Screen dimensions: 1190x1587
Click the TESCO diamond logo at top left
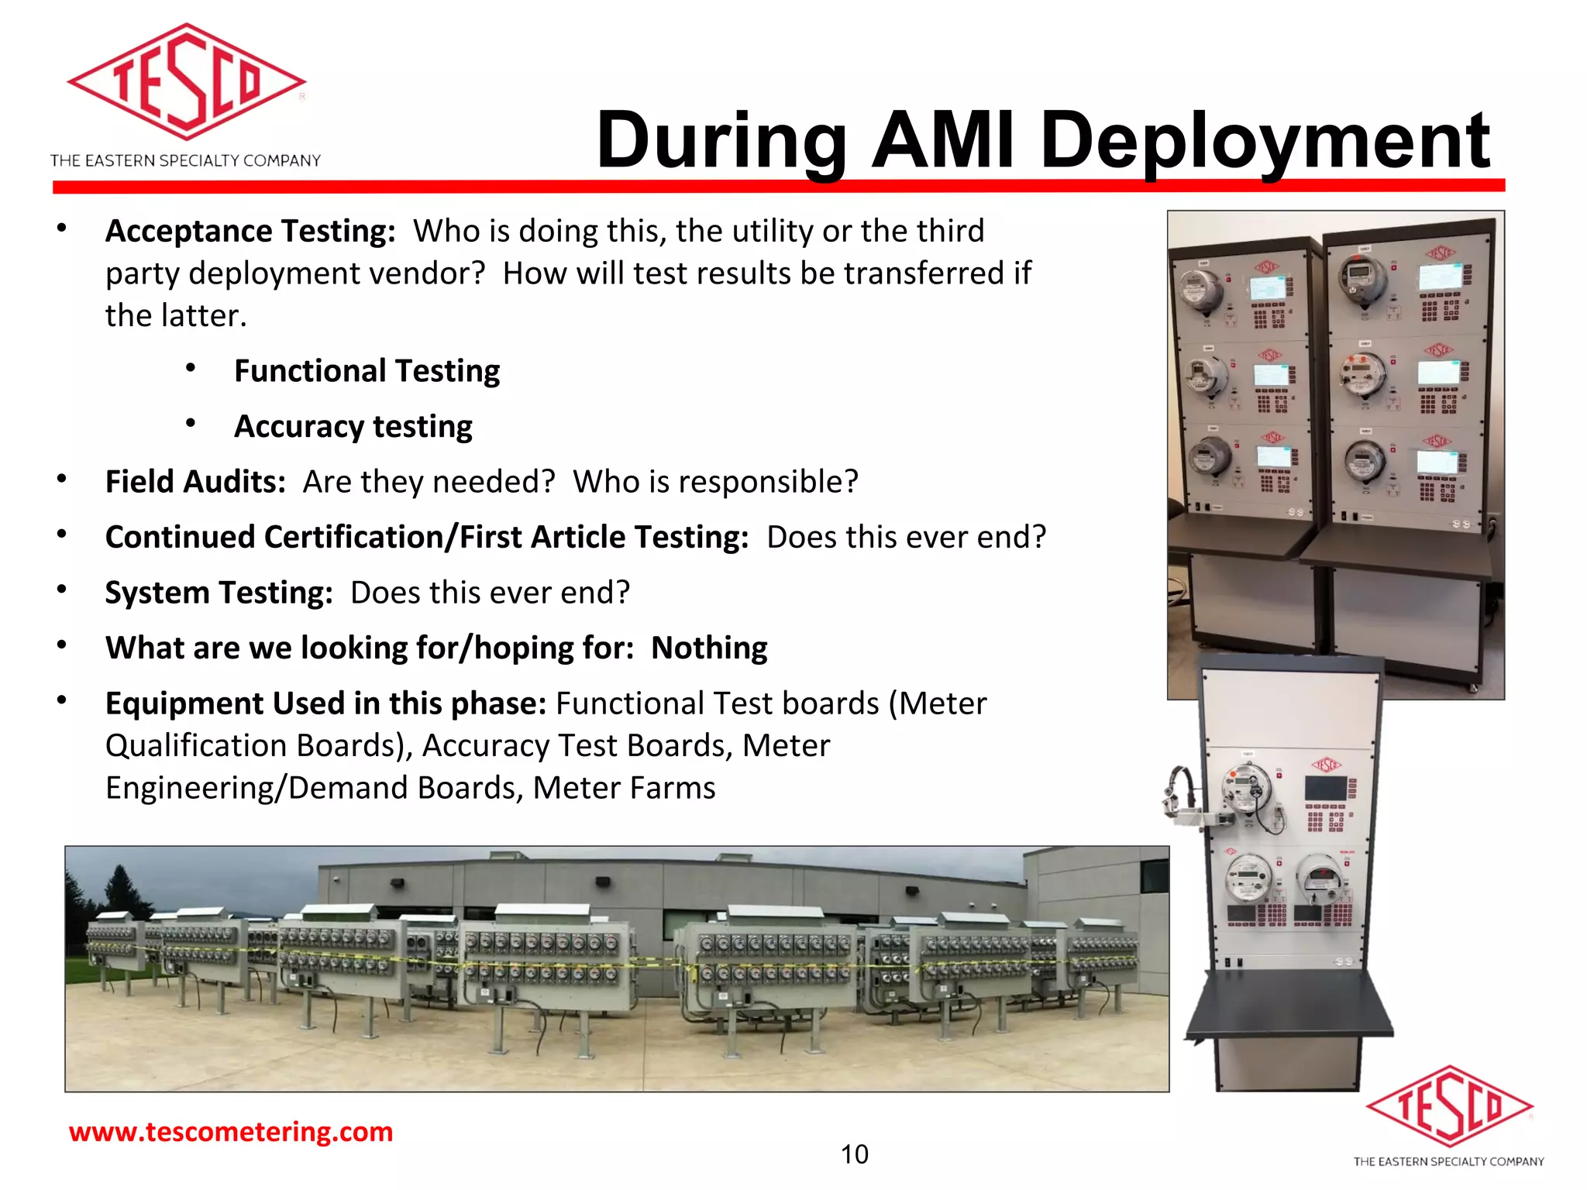186,81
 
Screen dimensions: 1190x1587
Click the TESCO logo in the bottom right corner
1448,1106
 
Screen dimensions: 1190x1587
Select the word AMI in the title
942,141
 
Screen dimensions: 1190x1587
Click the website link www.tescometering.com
231,1132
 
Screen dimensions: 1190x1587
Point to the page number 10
854,1154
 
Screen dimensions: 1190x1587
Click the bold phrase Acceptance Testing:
250,232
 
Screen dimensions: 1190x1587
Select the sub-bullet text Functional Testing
367,371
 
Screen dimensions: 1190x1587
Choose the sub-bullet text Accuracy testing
353,427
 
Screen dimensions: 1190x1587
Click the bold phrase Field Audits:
195,482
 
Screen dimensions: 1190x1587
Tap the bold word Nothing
708,648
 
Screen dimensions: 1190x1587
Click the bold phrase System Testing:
219,593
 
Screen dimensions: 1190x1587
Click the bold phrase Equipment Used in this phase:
325,703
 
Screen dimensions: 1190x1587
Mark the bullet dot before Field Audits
61,479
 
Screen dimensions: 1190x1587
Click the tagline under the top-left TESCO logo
185,160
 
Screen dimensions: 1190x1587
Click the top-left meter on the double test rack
1201,291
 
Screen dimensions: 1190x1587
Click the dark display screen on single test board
1327,789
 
